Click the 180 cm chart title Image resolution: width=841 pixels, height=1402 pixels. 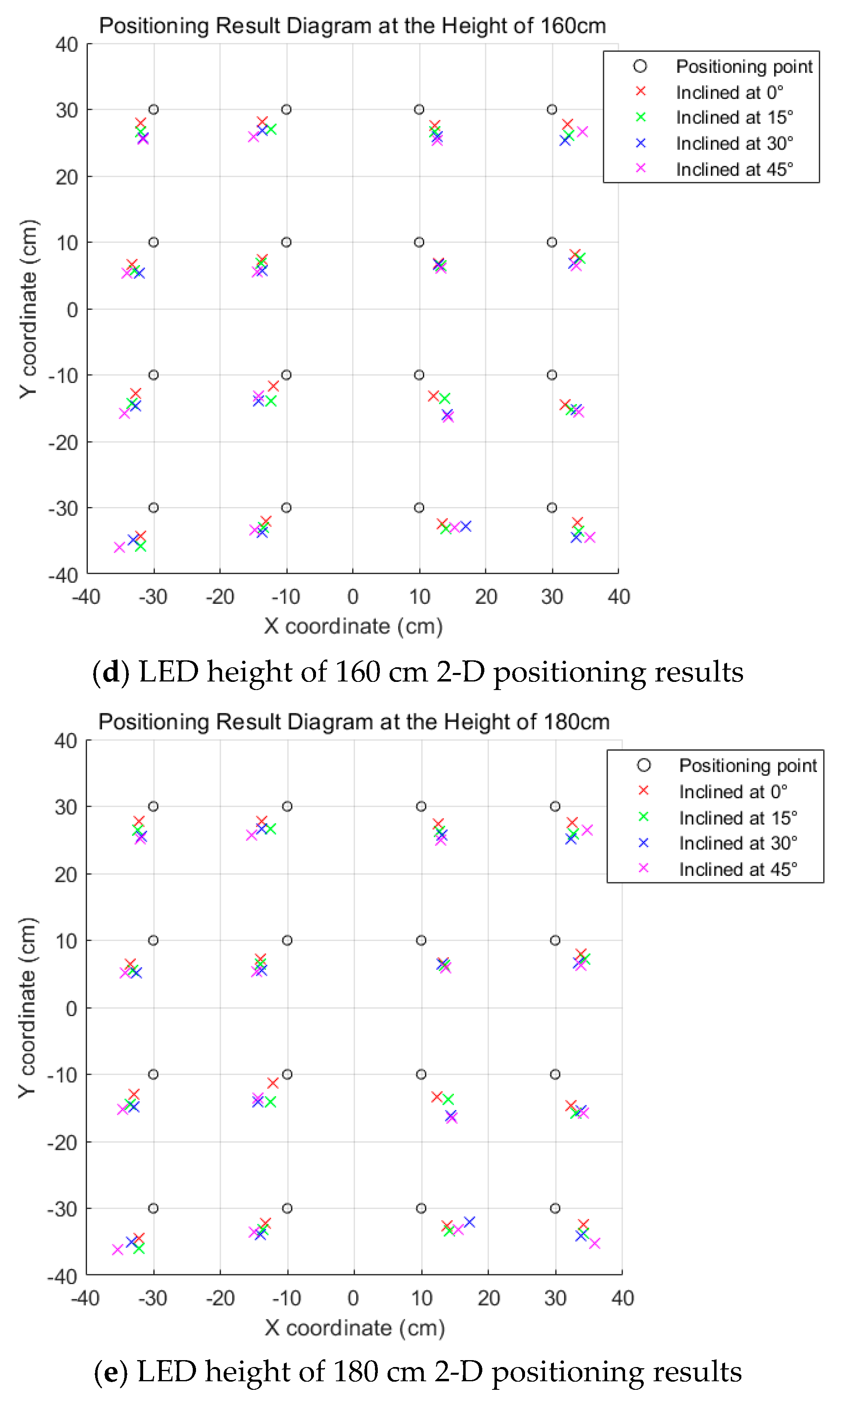354,722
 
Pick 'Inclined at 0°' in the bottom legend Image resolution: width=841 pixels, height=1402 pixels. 733,791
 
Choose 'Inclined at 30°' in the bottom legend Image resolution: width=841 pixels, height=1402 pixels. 737,843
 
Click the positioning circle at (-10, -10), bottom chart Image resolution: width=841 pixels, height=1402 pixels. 288,1074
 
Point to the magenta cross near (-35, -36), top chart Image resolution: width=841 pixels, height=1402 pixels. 119,547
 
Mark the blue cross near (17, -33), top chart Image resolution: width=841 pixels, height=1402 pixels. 466,526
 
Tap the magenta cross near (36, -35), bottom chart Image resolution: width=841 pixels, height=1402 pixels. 595,1243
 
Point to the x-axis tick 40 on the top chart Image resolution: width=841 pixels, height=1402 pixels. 618,597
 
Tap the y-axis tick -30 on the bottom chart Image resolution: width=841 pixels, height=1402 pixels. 62,1209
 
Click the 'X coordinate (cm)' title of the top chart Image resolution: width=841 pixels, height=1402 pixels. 353,626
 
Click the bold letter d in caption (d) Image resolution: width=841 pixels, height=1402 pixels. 111,673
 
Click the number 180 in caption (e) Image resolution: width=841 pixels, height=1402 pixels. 355,1372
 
